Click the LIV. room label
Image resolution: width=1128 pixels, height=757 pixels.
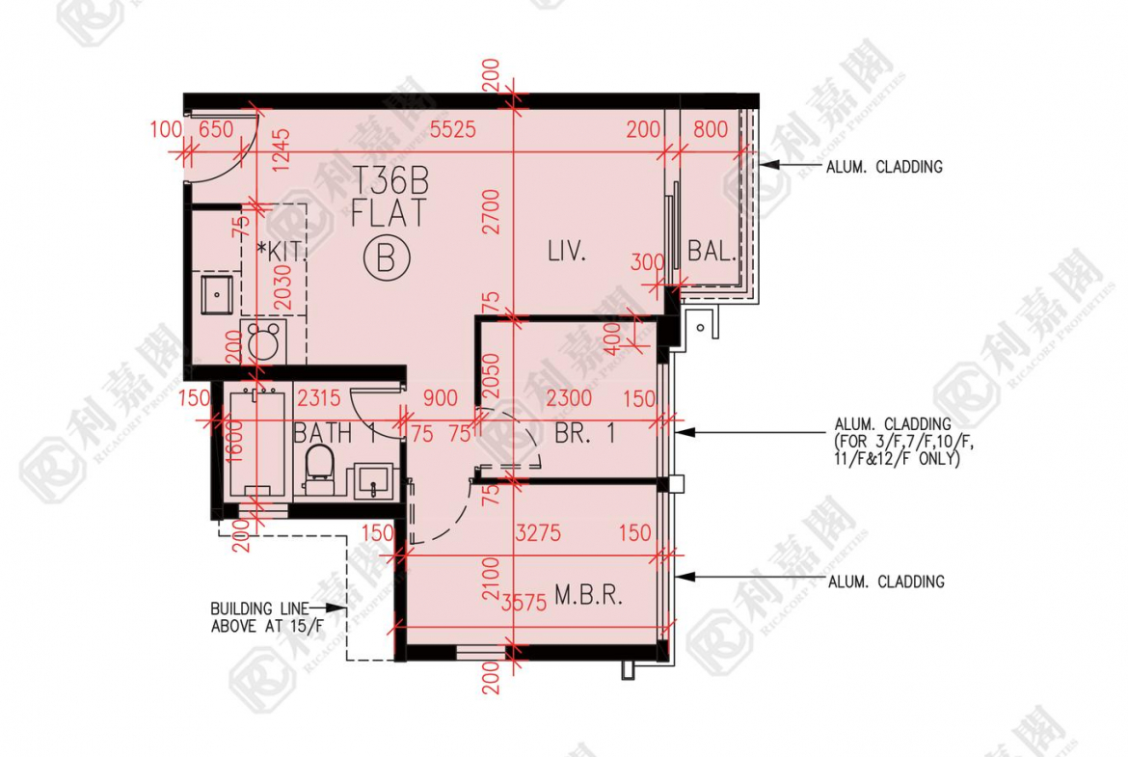[x=567, y=252]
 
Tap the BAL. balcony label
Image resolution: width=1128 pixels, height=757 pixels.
[x=712, y=251]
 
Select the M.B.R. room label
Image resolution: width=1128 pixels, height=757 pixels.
[x=588, y=595]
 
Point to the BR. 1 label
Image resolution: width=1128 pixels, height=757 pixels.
[x=585, y=433]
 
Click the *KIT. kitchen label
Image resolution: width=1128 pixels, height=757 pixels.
[x=282, y=251]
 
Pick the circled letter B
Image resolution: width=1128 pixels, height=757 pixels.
[x=387, y=258]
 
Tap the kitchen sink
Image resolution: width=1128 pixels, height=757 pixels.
[x=217, y=293]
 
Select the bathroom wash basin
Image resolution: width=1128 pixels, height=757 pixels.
[x=374, y=480]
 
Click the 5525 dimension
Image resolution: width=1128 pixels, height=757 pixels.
[x=453, y=129]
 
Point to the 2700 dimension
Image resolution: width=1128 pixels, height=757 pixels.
[x=491, y=211]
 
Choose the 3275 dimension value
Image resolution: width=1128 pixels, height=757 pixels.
[x=538, y=533]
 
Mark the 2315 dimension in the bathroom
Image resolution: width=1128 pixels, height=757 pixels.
[x=319, y=398]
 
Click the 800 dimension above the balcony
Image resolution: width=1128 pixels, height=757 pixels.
[x=711, y=129]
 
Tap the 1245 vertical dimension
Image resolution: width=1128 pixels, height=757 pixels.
[x=282, y=149]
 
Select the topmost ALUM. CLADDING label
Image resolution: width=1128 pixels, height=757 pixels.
[x=884, y=167]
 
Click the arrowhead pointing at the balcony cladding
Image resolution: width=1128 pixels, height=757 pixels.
[x=769, y=165]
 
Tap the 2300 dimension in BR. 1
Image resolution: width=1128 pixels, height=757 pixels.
[x=569, y=398]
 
